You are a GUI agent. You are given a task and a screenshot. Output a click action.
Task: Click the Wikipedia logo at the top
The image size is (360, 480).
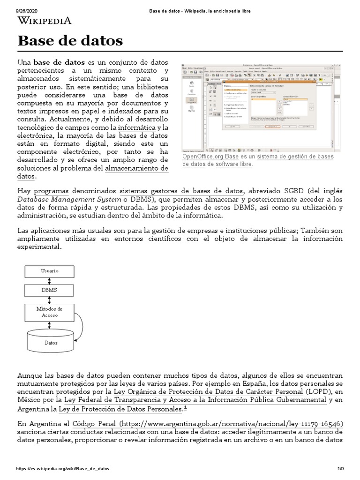point(45,20)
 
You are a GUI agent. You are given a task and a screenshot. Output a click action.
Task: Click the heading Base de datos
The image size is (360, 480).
point(70,41)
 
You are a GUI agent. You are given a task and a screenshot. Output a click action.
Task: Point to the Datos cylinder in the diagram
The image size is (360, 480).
point(51,342)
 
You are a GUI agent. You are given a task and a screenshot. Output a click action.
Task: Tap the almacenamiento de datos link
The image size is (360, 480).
point(136,168)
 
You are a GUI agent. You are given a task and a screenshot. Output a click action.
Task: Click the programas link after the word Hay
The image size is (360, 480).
point(52,191)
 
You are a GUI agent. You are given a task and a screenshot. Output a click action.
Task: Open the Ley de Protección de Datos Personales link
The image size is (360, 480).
point(120,409)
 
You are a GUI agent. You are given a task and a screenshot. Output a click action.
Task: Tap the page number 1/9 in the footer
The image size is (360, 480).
point(340,468)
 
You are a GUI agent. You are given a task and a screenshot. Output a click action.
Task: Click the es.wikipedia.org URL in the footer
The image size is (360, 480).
point(63,468)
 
